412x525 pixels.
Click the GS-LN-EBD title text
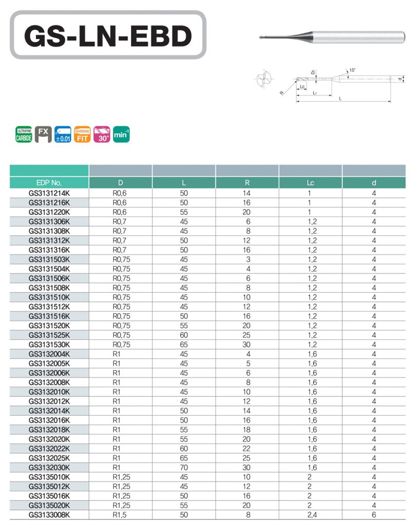(x=108, y=35)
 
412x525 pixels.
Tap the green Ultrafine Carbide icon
(x=24, y=135)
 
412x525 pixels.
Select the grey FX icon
(x=44, y=135)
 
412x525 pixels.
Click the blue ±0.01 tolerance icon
(x=63, y=135)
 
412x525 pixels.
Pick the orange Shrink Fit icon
(x=82, y=135)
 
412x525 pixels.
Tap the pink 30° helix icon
(x=102, y=135)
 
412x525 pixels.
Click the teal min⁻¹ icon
(x=121, y=135)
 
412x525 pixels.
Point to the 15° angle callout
(x=352, y=70)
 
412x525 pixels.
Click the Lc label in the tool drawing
(x=303, y=87)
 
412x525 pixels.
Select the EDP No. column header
(x=49, y=183)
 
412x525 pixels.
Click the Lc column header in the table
(x=310, y=183)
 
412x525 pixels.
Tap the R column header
(x=247, y=183)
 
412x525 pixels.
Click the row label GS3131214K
(x=49, y=193)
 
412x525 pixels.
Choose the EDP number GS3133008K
(x=49, y=515)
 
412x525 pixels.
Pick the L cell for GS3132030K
(x=184, y=467)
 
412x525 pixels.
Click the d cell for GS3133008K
(x=374, y=515)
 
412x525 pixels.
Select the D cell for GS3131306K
(x=121, y=221)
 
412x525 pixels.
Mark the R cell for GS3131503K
(x=247, y=259)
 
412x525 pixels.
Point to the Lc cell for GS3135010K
(x=310, y=477)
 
